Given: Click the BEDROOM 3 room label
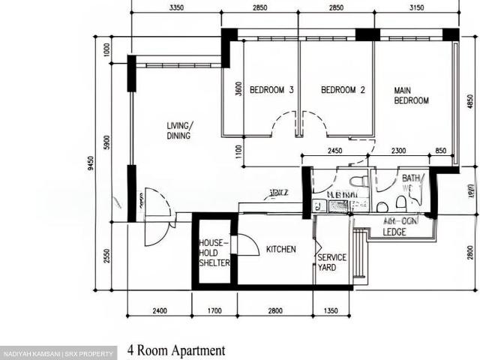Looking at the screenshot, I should click(271, 90).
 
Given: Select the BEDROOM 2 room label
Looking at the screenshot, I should click(343, 90).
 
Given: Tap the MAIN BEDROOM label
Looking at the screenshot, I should click(411, 95).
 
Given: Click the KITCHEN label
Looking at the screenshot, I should click(280, 249).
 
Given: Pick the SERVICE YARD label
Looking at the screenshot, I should click(331, 262).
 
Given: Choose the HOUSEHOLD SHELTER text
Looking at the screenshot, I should click(214, 253).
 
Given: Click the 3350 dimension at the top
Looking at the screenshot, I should click(177, 7).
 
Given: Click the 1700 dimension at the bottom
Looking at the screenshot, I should click(214, 310).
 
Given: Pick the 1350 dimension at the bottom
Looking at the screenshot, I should click(331, 310).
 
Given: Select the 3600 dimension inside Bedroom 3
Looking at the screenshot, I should click(237, 90).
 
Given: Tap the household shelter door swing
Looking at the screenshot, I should click(245, 244).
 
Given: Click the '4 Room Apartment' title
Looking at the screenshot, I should click(176, 349).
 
